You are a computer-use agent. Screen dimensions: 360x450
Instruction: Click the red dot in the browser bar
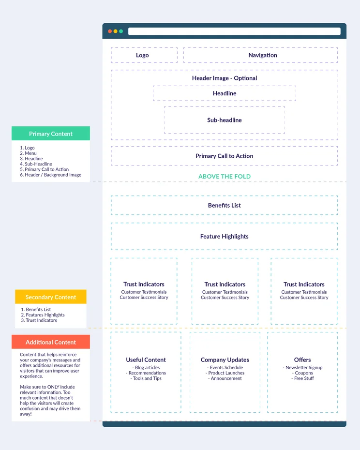[x=110, y=31]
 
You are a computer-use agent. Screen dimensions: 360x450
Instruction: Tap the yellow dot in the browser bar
[x=116, y=31]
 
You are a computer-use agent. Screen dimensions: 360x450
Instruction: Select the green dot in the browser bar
[x=121, y=31]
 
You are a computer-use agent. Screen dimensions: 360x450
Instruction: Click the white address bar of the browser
[x=234, y=31]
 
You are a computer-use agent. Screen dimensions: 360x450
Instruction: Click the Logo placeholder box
[x=144, y=55]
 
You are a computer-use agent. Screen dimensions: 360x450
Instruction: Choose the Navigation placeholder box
[x=260, y=55]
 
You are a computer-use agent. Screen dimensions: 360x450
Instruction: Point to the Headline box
[x=225, y=93]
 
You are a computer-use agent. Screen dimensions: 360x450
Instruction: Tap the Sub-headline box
[x=225, y=120]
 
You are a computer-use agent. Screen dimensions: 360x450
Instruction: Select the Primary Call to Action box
[x=224, y=156]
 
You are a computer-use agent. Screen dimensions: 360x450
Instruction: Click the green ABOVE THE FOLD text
[x=225, y=177]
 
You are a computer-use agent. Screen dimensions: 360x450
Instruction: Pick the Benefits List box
[x=224, y=205]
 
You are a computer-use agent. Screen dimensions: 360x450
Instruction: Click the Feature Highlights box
[x=224, y=236]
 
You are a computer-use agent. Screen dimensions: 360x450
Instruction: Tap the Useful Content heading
[x=146, y=360]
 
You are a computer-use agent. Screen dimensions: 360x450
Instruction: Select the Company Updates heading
[x=225, y=360]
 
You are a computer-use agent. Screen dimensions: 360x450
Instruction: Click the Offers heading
[x=302, y=360]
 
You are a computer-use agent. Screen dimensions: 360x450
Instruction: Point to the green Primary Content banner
[x=51, y=134]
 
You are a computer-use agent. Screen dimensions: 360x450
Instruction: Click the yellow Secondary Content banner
[x=51, y=297]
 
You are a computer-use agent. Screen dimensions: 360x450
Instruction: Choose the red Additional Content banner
[x=51, y=342]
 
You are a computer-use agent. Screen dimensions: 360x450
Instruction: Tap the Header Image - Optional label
[x=225, y=78]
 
